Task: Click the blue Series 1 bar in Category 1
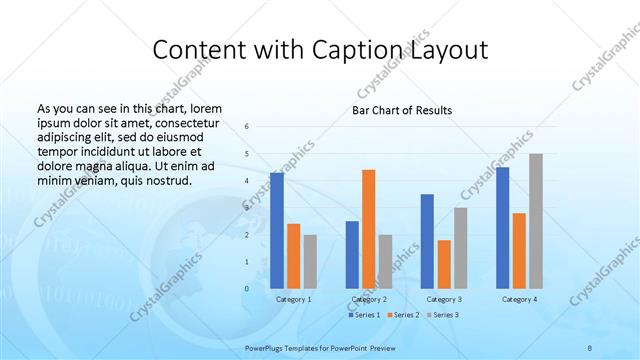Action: (x=277, y=231)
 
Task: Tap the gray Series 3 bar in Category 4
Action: (x=536, y=221)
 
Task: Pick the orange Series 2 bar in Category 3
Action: (x=444, y=264)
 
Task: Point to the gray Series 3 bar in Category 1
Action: (x=310, y=261)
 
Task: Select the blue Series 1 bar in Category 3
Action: (x=427, y=241)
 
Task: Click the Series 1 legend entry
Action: (x=363, y=315)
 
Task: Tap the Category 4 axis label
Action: (x=519, y=299)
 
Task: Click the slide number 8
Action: (x=590, y=345)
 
